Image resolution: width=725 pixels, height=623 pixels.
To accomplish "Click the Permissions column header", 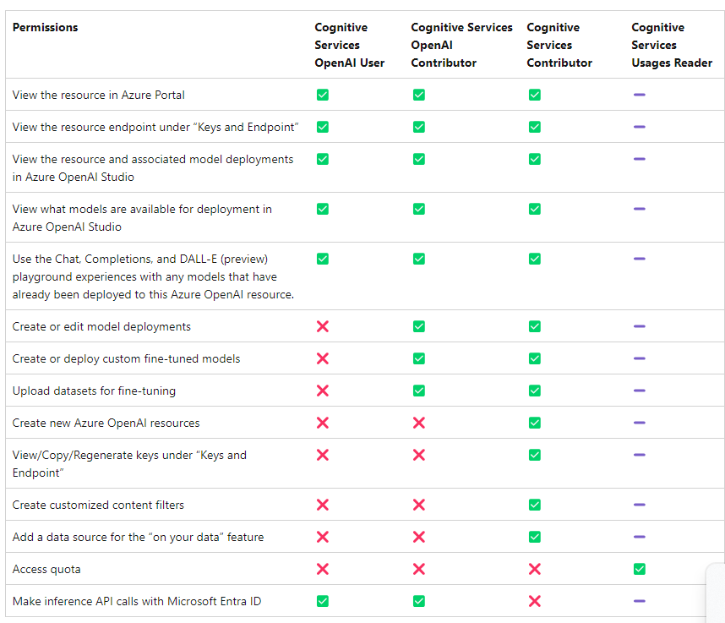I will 45,28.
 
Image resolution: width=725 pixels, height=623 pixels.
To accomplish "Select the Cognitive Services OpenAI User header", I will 349,46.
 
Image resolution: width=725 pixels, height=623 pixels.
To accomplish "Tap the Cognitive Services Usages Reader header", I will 671,46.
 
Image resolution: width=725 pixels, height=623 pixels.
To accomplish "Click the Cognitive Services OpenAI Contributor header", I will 461,46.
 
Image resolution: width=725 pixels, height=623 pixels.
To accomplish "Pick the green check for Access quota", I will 640,569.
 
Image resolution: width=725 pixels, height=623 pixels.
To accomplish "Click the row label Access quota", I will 46,569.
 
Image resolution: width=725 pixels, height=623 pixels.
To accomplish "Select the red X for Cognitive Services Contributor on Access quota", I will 534,569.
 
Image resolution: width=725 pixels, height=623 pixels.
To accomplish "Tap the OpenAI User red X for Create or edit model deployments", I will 322,326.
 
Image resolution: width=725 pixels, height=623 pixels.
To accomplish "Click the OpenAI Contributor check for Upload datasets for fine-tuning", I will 419,391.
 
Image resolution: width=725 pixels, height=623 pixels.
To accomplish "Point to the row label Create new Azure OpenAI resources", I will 106,423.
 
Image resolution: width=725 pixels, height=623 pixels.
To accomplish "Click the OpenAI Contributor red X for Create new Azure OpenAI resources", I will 419,423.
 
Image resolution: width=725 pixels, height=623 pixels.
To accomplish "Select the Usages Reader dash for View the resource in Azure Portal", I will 640,95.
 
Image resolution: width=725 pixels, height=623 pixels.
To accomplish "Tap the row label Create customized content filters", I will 98,505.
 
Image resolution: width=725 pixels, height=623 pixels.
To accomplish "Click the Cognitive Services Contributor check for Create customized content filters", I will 534,505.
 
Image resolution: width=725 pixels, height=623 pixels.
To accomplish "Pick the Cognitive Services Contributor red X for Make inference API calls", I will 534,601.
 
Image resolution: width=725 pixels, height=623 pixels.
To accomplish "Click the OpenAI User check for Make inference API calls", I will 322,601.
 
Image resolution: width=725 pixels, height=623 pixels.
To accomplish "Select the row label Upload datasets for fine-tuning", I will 94,391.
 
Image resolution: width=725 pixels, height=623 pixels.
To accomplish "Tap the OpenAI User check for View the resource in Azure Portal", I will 322,95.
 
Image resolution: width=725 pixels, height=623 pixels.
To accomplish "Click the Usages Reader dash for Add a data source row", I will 640,537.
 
